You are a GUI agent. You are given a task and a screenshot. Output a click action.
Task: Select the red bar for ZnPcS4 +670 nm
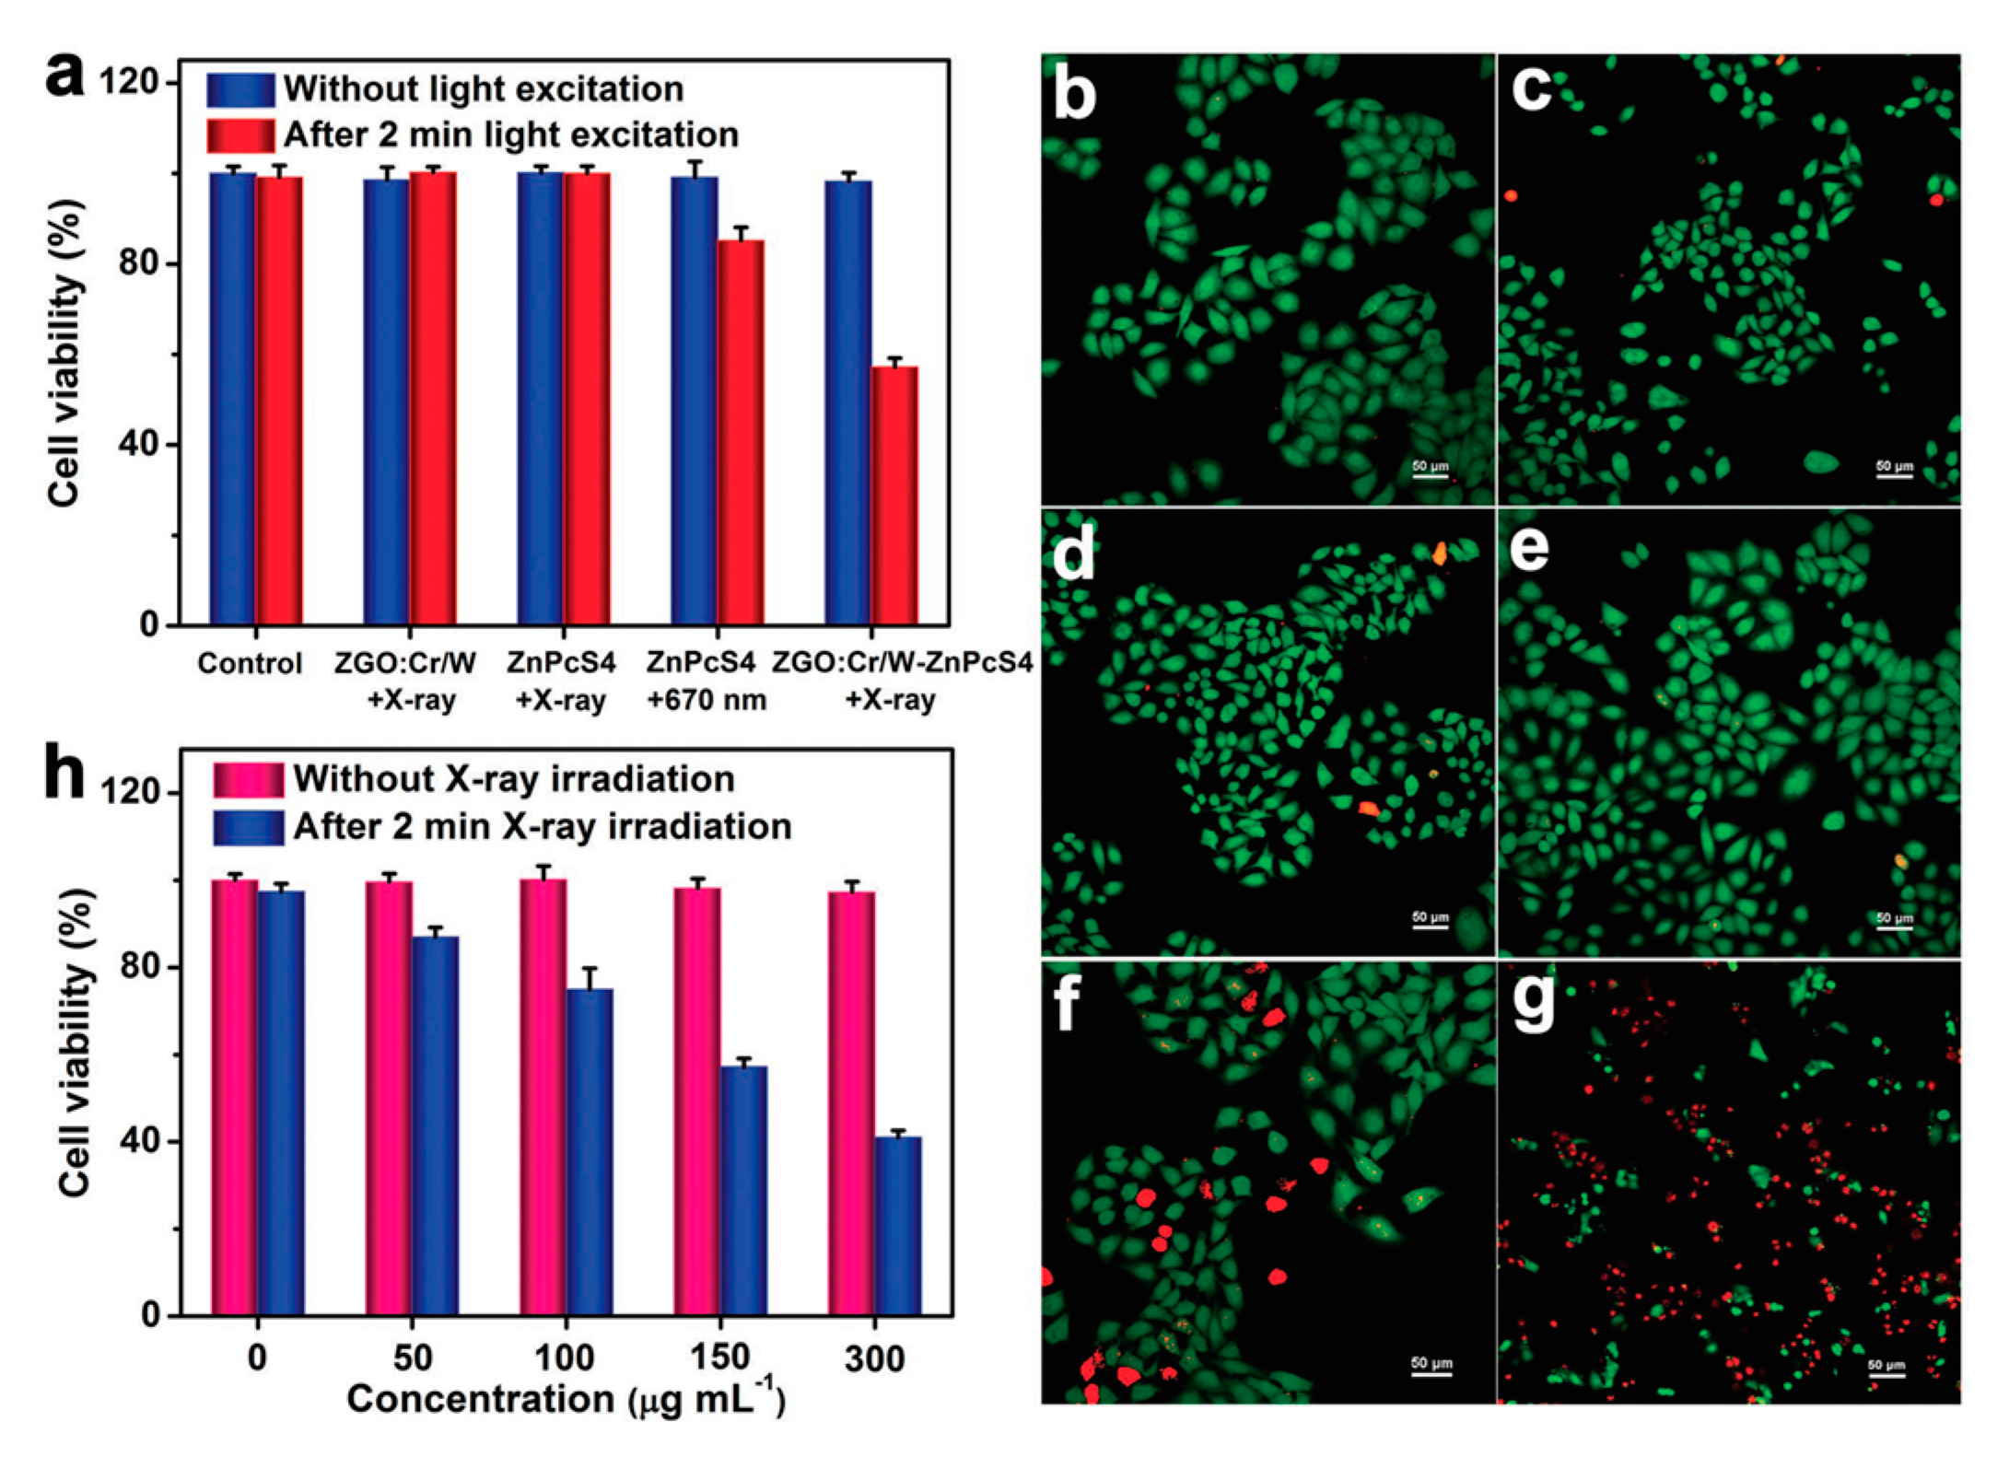tap(741, 432)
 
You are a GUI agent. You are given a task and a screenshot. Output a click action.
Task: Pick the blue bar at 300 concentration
tap(898, 1225)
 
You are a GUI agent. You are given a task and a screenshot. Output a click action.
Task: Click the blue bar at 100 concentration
tap(590, 1151)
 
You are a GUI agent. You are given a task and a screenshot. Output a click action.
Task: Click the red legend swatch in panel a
tap(240, 135)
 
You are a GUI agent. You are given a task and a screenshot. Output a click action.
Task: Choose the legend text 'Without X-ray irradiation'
tap(514, 779)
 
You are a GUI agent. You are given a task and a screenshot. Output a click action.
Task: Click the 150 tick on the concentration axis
tap(720, 1357)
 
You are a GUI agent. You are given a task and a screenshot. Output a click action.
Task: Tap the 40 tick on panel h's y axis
tap(138, 1141)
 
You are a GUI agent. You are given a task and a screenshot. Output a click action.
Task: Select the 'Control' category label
tap(250, 663)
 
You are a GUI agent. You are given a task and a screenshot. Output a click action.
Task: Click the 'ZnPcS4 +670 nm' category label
tap(706, 681)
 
